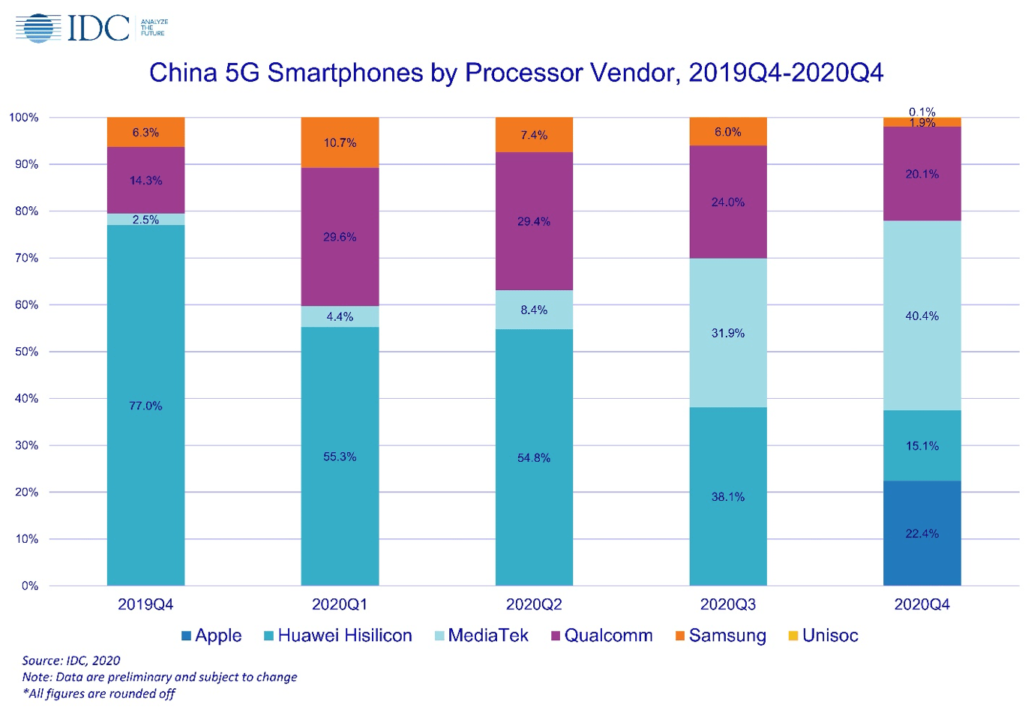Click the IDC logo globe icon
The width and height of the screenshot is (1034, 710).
tap(38, 28)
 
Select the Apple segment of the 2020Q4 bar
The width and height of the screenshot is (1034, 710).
tap(922, 533)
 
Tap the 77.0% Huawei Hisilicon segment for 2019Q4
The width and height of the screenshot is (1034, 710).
tap(145, 405)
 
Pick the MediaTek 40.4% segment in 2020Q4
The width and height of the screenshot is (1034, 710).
tap(922, 316)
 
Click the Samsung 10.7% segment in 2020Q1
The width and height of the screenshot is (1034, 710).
tap(340, 142)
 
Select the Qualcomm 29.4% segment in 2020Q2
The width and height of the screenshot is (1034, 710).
tap(534, 221)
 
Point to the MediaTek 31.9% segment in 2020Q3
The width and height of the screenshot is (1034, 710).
tap(727, 333)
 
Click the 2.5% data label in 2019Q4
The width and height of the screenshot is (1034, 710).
tap(145, 220)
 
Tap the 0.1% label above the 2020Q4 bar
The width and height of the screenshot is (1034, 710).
tap(922, 112)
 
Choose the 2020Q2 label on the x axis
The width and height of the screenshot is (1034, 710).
tap(534, 604)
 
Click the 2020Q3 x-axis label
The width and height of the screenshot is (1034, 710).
tap(727, 604)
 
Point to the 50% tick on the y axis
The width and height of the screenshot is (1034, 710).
tap(26, 352)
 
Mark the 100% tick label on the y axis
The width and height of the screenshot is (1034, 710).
tap(24, 118)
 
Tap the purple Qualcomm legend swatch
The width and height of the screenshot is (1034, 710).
tap(556, 636)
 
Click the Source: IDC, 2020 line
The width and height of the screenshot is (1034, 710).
tap(71, 661)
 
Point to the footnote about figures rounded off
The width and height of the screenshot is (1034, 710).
tap(98, 694)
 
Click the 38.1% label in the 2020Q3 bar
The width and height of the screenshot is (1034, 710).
tap(727, 496)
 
